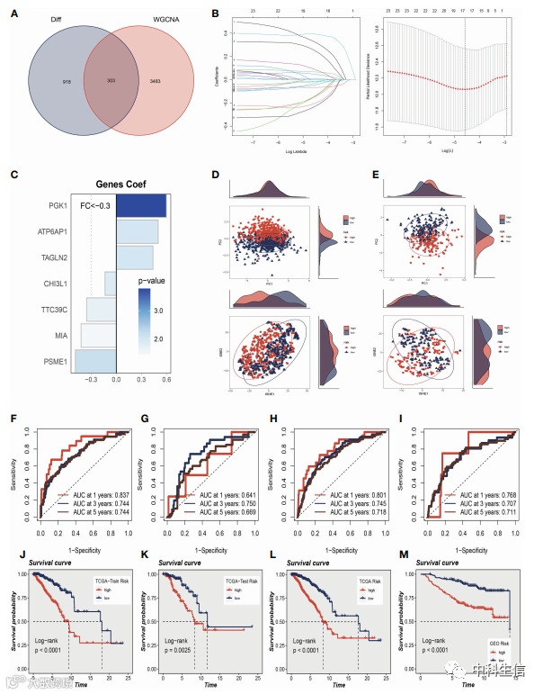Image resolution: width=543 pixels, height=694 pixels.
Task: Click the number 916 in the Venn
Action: pos(42,82)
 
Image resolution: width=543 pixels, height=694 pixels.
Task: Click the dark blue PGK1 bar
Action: pos(141,206)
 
